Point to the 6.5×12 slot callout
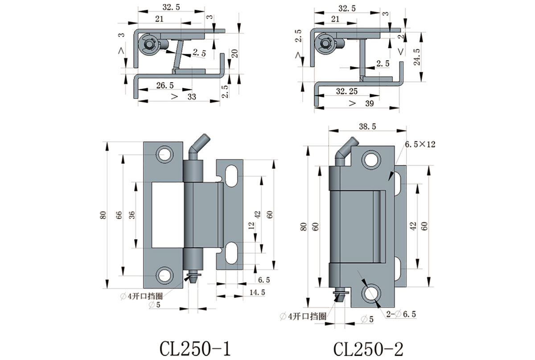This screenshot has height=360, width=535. click(x=420, y=145)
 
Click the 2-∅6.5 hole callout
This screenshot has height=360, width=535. click(x=401, y=314)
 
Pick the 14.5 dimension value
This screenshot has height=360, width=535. click(x=257, y=292)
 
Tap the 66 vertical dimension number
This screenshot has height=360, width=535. click(x=119, y=215)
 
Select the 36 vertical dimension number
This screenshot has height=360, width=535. click(x=132, y=215)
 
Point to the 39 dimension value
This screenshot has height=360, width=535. click(x=370, y=103)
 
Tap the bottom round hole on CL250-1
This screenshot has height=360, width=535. click(x=165, y=274)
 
